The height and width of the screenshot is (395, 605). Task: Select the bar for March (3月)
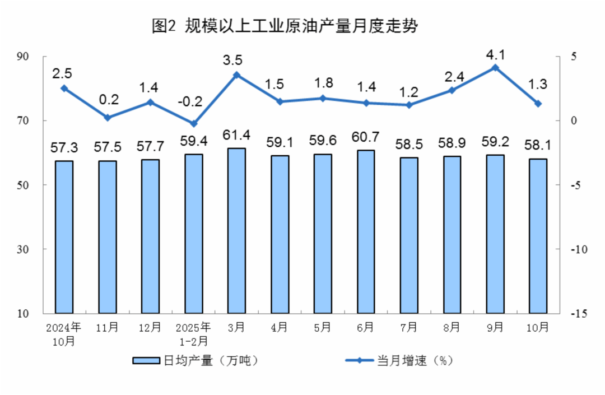pos(236,230)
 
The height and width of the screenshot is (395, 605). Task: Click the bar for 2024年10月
pos(64,237)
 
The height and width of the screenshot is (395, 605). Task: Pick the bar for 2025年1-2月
pos(193,234)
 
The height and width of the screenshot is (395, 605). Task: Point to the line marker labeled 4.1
pos(495,68)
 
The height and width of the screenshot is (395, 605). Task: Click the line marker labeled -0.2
pos(193,124)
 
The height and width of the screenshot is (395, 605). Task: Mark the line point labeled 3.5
pos(236,75)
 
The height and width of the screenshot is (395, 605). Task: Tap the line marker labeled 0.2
pos(108,118)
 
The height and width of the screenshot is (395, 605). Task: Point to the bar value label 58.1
pos(538,145)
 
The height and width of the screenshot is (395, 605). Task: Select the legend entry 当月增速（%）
pos(398,361)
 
